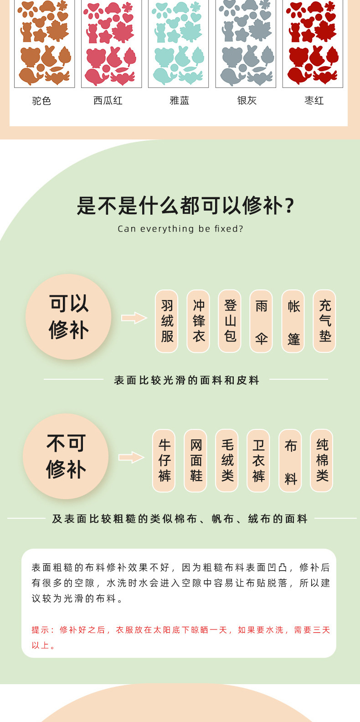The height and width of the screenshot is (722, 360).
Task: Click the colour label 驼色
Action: pos(41,101)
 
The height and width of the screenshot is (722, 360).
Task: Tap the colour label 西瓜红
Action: pos(108,101)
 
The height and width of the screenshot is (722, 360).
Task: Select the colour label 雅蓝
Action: pos(179,101)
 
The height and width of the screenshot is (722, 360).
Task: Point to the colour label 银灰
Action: pos(247,101)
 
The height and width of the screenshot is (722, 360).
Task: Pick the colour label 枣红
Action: pos(314,101)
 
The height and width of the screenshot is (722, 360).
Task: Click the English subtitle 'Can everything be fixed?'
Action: pos(180,229)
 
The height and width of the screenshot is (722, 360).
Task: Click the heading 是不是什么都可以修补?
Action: pos(185,206)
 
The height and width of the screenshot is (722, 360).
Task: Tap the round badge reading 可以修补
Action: pos(68,317)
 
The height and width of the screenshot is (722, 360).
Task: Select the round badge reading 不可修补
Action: pos(66,456)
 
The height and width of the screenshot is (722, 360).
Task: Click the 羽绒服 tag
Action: pos(167,321)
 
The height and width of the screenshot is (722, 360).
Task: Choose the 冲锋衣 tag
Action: pos(198,321)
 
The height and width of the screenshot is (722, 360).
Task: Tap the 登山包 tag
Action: pos(230,321)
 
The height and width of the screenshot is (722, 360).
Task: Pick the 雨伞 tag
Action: pos(261,321)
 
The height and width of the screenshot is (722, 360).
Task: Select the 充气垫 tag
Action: pos(324,321)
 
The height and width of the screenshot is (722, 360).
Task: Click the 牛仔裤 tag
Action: pos(164,460)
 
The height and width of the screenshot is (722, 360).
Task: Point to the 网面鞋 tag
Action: pos(195,460)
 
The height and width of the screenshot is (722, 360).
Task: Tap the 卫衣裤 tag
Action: pos(258,460)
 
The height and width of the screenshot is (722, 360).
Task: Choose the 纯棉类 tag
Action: pos(322,460)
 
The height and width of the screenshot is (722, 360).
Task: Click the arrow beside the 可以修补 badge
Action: pos(134,318)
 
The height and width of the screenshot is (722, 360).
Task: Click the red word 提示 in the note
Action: pos(41,630)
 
